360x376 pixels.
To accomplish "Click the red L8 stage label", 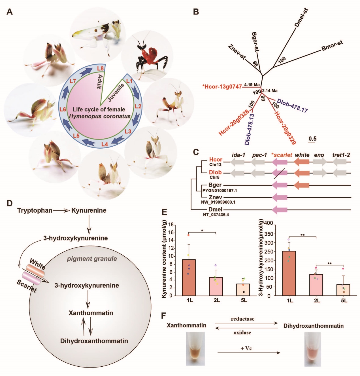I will [x=100, y=68].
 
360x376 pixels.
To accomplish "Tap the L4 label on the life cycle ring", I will [x=105, y=144].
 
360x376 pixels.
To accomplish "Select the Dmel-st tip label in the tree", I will [x=301, y=18].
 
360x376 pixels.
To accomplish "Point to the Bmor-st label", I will [x=332, y=46].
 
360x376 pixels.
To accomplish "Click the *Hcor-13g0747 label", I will [x=222, y=86].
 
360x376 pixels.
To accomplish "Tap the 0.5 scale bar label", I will [x=312, y=139].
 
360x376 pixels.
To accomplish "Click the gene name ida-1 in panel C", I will [x=238, y=155].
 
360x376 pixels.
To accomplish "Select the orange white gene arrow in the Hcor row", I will [x=301, y=162].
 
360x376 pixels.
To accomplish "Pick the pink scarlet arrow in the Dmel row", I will [x=279, y=210].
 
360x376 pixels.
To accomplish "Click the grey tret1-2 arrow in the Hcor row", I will [x=339, y=162].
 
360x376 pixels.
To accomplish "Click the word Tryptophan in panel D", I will [x=35, y=210].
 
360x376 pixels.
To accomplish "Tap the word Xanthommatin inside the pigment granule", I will [x=91, y=313].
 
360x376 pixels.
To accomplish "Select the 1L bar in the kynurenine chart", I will [x=189, y=277].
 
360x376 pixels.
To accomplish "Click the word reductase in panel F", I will [x=242, y=319].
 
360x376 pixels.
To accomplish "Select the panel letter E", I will [x=164, y=213].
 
